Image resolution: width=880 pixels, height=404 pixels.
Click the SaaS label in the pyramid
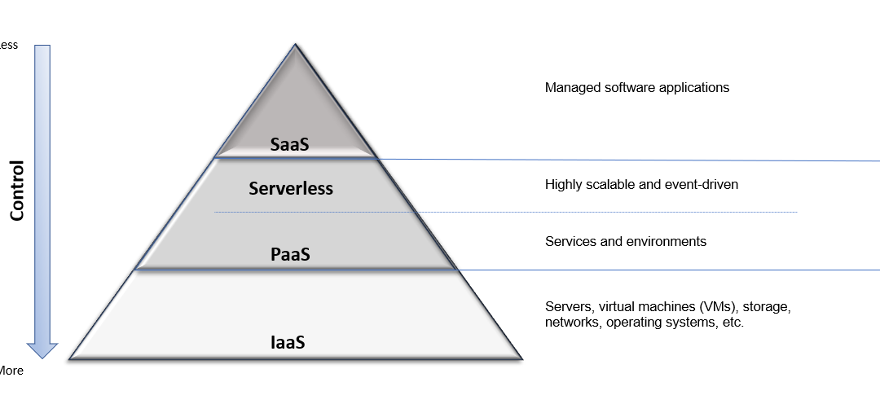(x=290, y=144)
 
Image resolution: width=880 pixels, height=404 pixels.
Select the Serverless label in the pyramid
(x=291, y=188)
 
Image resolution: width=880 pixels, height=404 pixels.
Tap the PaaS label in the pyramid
(x=290, y=254)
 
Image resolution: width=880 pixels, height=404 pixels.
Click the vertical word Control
(x=17, y=190)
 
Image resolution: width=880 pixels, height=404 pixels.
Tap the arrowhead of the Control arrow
(x=42, y=349)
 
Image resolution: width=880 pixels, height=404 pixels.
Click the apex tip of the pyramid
(x=296, y=45)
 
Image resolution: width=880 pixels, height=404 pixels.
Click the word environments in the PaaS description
(x=666, y=242)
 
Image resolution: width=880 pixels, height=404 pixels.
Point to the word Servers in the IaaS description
(x=568, y=307)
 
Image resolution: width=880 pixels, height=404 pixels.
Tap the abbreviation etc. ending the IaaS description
(x=733, y=323)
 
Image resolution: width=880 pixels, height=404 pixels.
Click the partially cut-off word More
(x=11, y=371)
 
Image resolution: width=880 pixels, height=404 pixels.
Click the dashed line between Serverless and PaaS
(x=505, y=213)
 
